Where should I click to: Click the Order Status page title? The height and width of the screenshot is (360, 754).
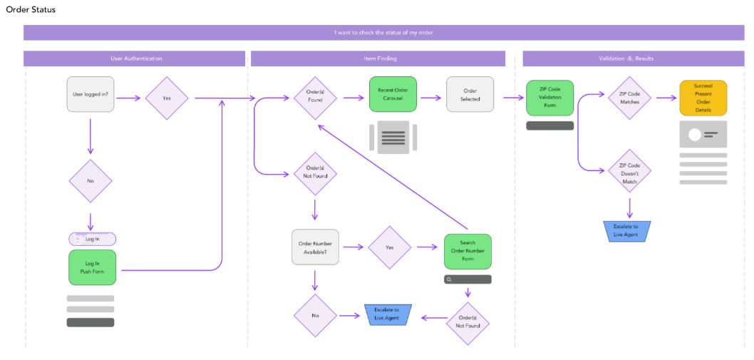pyautogui.click(x=31, y=10)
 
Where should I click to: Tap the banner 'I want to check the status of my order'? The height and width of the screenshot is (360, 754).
pyautogui.click(x=383, y=33)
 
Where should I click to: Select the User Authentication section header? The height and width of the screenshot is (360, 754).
pyautogui.click(x=135, y=58)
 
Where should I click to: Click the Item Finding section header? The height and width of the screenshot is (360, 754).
pyautogui.click(x=378, y=58)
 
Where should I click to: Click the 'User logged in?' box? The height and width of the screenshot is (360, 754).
pyautogui.click(x=91, y=94)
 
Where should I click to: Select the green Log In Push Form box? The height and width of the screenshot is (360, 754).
pyautogui.click(x=92, y=267)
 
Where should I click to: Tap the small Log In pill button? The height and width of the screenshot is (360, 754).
pyautogui.click(x=92, y=239)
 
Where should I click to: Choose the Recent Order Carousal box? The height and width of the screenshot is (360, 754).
pyautogui.click(x=393, y=94)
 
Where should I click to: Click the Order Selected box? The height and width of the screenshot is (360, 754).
pyautogui.click(x=470, y=94)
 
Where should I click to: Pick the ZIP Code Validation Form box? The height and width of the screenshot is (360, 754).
pyautogui.click(x=550, y=98)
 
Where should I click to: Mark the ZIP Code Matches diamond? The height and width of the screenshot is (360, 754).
pyautogui.click(x=629, y=98)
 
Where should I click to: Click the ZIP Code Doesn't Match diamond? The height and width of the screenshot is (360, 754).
pyautogui.click(x=629, y=172)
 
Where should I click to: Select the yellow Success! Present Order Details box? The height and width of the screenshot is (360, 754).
pyautogui.click(x=703, y=98)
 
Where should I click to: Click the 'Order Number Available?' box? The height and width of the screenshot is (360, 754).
pyautogui.click(x=316, y=247)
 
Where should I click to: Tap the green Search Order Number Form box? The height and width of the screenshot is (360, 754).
pyautogui.click(x=468, y=251)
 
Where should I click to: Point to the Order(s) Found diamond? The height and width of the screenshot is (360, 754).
pyautogui.click(x=314, y=96)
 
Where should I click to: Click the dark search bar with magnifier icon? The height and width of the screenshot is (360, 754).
pyautogui.click(x=468, y=279)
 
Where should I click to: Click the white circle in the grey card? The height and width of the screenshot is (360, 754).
pyautogui.click(x=690, y=135)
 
